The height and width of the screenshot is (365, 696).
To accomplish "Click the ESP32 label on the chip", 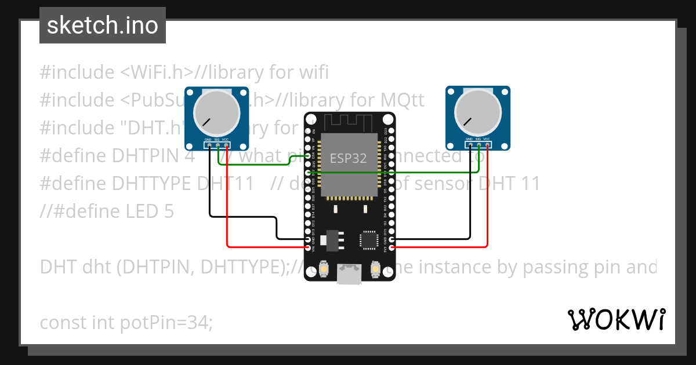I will click(348, 158).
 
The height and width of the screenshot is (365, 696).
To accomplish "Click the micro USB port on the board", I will click(350, 275).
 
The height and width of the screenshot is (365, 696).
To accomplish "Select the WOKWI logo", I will click(617, 319).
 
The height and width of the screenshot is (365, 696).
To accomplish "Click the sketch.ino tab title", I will click(103, 25).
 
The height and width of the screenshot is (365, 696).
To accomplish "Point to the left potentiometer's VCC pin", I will click(226, 145).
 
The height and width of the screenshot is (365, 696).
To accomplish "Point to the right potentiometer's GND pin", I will click(469, 145).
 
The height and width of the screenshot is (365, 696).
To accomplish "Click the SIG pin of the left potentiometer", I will click(217, 145).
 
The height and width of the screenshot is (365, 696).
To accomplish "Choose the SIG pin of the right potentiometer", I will click(478, 145).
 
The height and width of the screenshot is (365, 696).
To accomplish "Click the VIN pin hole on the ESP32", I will click(308, 248).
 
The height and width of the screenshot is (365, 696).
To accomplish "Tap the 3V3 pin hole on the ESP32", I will click(392, 248).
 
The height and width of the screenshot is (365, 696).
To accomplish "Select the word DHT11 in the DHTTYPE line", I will click(226, 184).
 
